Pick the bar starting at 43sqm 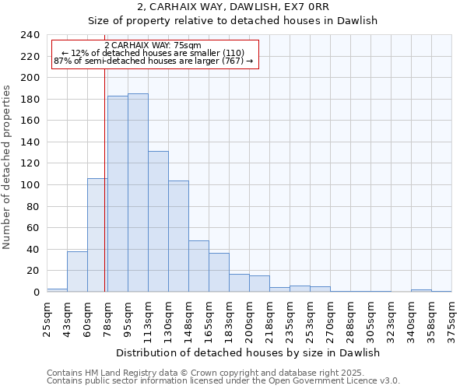(x=77, y=272)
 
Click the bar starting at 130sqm (x=178, y=237)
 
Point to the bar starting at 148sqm (x=198, y=266)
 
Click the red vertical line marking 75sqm (x=104, y=194)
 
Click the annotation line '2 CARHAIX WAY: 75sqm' (x=153, y=46)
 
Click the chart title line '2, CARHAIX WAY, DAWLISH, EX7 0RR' (x=233, y=7)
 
